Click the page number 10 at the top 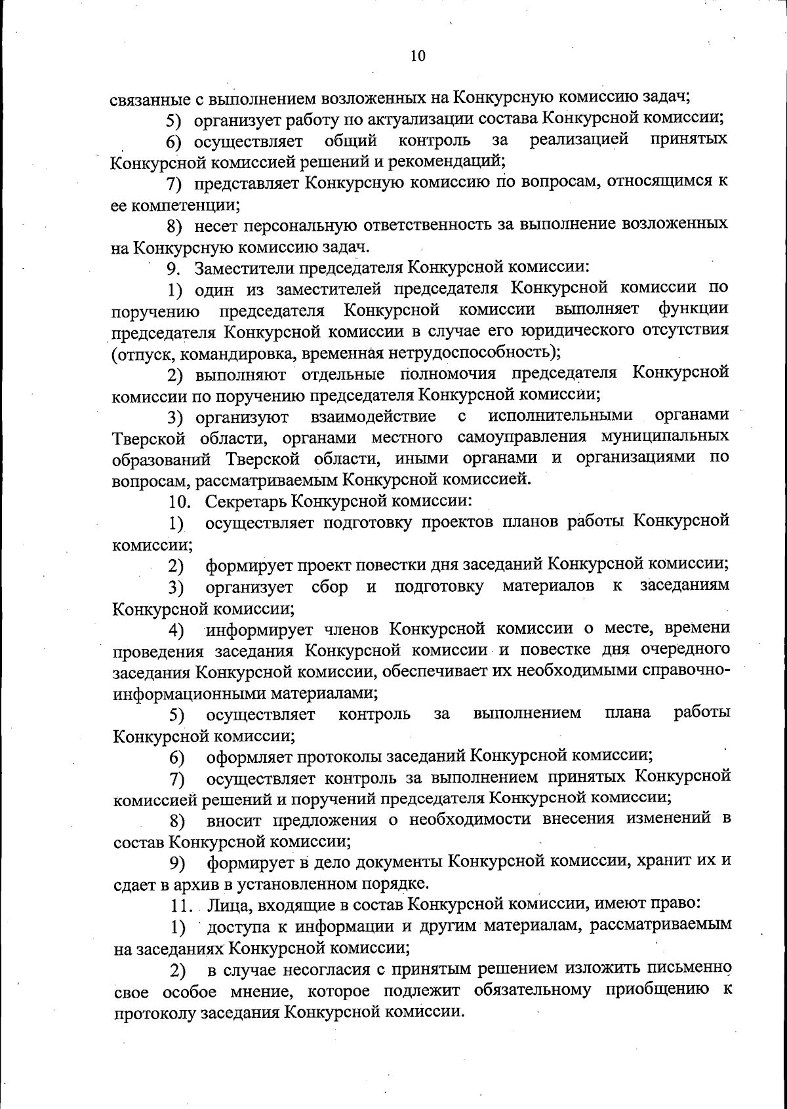(x=418, y=56)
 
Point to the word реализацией (x=579, y=140)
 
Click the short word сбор (x=329, y=586)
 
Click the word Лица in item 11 (x=226, y=905)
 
